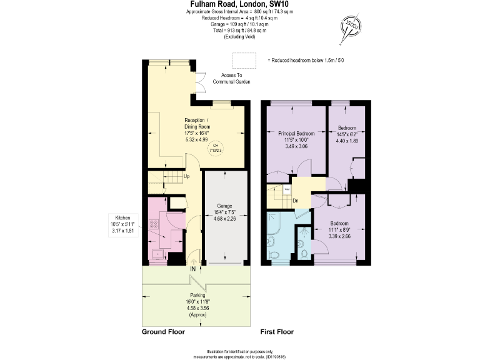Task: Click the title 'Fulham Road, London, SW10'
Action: (239, 4)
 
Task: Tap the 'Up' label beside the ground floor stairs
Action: (186, 177)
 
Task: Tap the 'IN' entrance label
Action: (193, 269)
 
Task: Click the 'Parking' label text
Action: (198, 296)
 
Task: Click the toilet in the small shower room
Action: (304, 253)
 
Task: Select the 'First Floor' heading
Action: (276, 332)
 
